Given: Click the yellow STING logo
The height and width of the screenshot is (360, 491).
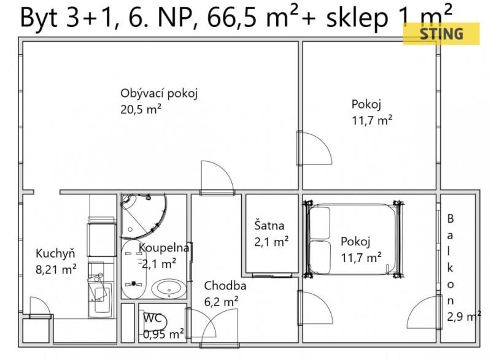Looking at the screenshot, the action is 441,34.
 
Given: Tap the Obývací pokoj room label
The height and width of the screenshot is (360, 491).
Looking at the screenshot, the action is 159,93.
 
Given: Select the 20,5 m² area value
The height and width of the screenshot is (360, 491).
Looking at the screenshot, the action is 141,109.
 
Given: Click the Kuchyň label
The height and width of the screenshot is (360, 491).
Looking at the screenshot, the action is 55,253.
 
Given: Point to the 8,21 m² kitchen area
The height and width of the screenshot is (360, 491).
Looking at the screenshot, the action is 56,269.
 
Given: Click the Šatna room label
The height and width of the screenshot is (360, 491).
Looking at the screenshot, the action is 269,226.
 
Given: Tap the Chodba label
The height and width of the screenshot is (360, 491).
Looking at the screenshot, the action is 225,286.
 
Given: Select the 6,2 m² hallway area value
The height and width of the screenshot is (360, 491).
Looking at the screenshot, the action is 222,302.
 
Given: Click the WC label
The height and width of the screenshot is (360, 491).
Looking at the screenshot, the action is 152,318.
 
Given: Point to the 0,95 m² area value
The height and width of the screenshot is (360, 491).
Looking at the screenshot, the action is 164,334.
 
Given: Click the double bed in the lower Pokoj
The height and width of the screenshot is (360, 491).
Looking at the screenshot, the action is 353,239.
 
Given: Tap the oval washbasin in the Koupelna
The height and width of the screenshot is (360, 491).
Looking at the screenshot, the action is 169,289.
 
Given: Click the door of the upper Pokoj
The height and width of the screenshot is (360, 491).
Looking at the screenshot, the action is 314,148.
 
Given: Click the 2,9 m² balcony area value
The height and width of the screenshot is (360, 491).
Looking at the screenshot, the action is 464,316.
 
